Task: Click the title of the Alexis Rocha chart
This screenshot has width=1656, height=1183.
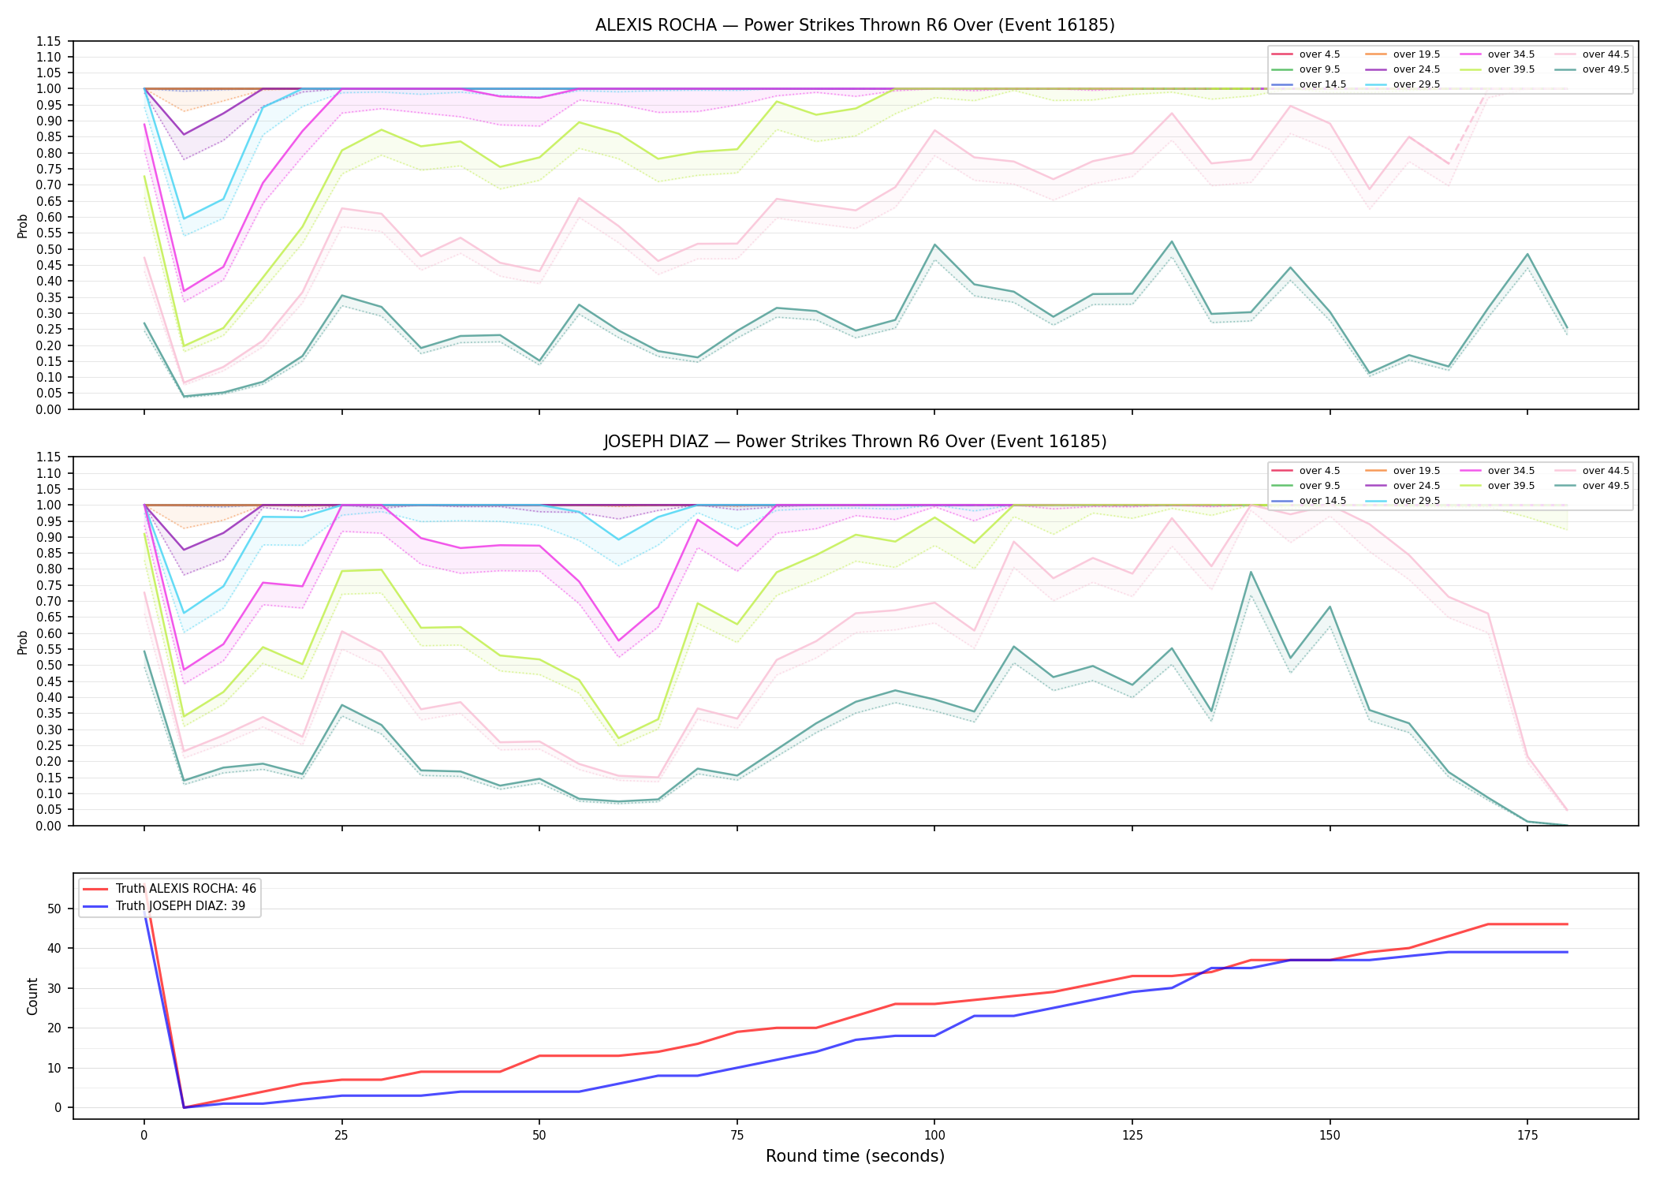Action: [x=855, y=25]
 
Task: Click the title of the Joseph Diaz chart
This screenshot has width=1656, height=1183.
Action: [x=855, y=442]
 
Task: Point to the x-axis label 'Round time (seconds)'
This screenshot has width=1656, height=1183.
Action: [x=855, y=1156]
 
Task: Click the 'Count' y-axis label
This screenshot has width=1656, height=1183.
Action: [x=32, y=996]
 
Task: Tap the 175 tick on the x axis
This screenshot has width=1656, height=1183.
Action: [x=1527, y=1136]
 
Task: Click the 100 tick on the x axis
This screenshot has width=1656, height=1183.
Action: [x=934, y=1136]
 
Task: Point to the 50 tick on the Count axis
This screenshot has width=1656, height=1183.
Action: [x=54, y=909]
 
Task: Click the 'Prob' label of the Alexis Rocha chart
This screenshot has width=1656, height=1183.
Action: [x=23, y=226]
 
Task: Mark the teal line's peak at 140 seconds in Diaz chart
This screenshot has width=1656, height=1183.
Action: [x=1251, y=572]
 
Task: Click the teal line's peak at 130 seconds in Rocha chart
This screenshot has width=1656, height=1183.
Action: [x=1172, y=241]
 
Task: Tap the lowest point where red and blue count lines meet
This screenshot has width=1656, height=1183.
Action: [x=184, y=1107]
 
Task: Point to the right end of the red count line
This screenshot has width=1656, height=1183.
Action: [x=1567, y=924]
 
